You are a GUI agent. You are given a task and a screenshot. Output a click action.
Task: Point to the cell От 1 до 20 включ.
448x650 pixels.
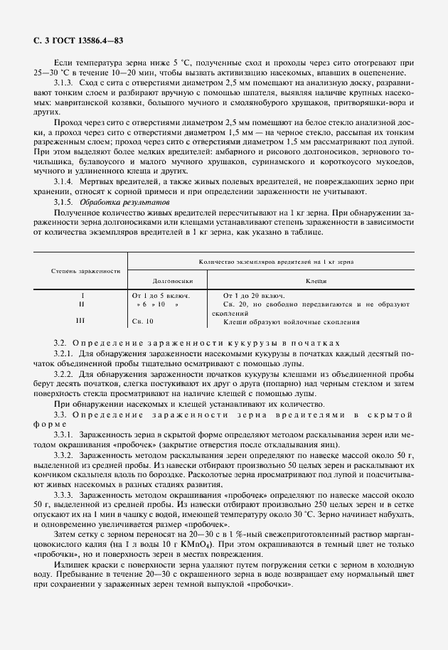254,294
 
